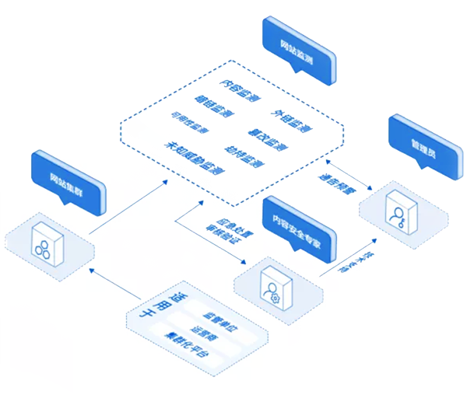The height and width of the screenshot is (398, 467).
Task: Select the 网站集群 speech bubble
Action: click(x=68, y=180)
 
